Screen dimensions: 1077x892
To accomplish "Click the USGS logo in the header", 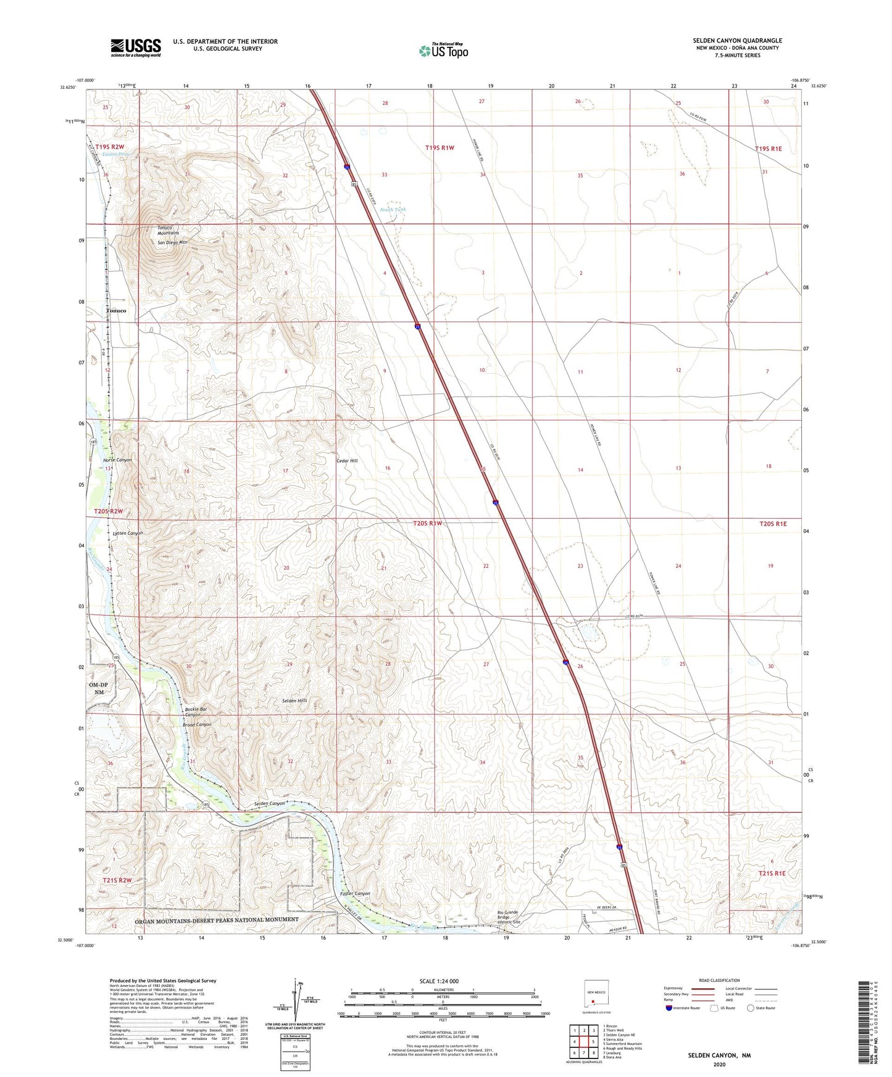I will pos(136,47).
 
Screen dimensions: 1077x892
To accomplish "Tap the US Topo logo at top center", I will pos(443,51).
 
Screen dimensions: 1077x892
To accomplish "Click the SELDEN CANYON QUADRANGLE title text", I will pos(737,41).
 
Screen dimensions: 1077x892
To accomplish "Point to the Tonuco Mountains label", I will pos(168,230).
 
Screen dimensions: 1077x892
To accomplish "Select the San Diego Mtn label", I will pos(172,242).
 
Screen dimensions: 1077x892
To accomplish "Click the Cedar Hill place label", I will pos(346,461).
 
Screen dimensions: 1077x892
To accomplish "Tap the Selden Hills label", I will pos(294,701).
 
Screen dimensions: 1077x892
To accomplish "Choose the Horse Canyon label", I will pos(117,460).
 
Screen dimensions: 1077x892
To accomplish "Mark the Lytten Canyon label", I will pos(128,533).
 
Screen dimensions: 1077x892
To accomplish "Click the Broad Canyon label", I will pos(198,725).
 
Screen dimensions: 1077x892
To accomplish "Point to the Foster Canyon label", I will pos(355,894).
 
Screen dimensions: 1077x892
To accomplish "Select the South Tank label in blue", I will pos(393,210).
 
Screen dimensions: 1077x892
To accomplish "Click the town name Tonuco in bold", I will pos(115,311).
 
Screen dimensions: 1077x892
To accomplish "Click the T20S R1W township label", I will pos(428,523).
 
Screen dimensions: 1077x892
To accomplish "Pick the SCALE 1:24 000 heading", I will pos(439,981).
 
